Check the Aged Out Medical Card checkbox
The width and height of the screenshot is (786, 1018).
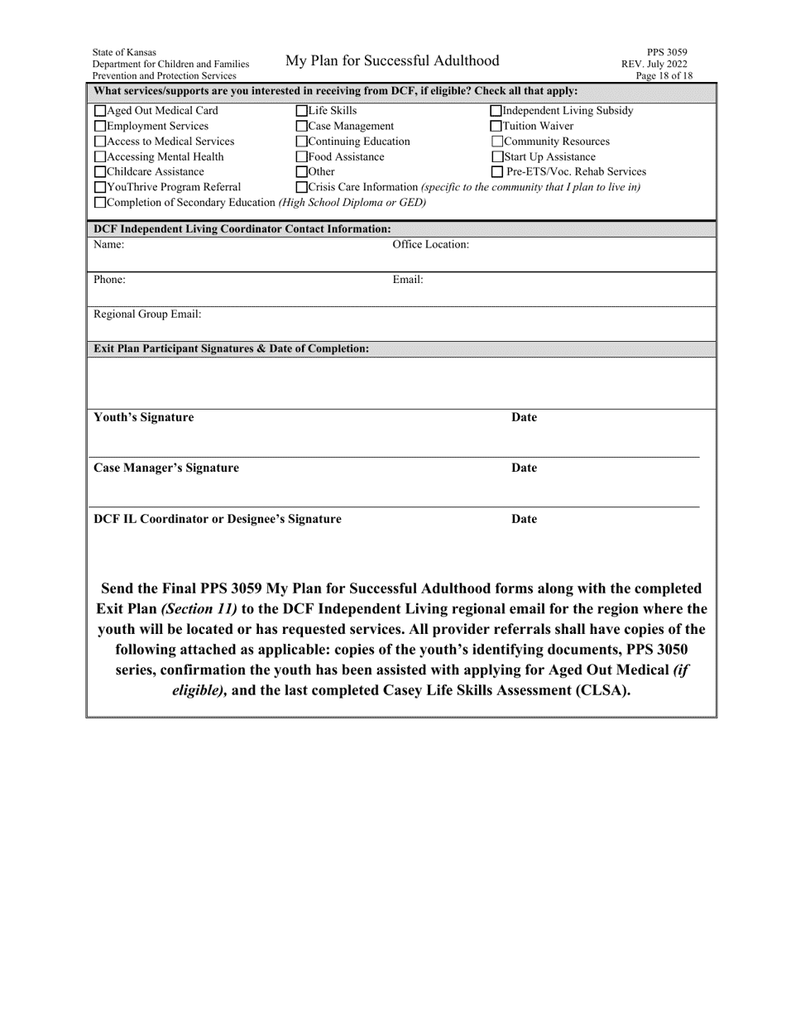(101, 111)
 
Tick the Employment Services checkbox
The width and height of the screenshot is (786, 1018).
(101, 127)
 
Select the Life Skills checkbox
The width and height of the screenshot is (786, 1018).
(302, 111)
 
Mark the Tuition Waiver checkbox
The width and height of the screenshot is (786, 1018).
(496, 127)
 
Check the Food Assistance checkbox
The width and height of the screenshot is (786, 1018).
(302, 157)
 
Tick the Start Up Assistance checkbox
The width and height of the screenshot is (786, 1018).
(497, 157)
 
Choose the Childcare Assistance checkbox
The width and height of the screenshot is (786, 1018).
(101, 172)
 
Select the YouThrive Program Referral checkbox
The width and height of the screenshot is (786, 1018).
(101, 187)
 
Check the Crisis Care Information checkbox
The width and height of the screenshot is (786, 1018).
(302, 187)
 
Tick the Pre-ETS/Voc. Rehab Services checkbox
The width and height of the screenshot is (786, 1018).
(497, 172)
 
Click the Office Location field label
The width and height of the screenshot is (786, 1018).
(430, 244)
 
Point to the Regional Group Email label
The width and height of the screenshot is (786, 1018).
(147, 315)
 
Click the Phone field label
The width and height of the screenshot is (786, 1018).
(109, 280)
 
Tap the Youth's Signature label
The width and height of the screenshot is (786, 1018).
(144, 417)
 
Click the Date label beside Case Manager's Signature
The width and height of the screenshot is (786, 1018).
(524, 468)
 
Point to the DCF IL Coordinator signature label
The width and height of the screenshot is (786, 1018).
(218, 519)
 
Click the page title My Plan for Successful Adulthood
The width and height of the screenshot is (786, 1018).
(392, 60)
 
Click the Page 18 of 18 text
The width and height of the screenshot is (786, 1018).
(664, 76)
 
